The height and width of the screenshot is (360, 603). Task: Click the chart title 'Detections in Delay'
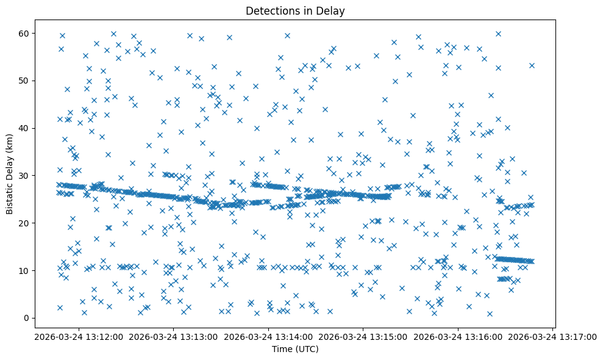tap(295, 11)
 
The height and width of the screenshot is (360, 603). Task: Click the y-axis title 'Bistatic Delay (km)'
tap(10, 174)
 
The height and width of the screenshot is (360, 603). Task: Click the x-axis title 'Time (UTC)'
tap(295, 349)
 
